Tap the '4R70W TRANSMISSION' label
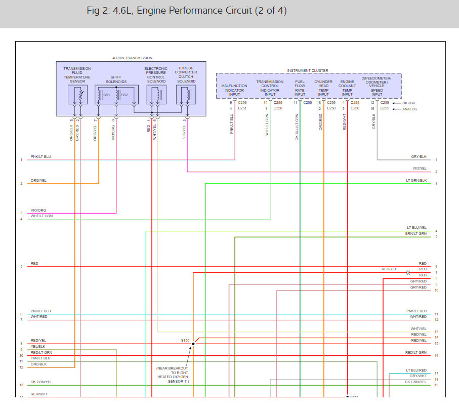[x=132, y=58]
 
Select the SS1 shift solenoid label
[x=107, y=95]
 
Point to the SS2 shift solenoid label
[x=124, y=95]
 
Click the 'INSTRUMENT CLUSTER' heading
[x=308, y=71]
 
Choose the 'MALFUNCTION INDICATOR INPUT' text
[x=234, y=90]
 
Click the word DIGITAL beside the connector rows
[x=410, y=103]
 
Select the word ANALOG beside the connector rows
[x=410, y=109]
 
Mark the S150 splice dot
[x=193, y=344]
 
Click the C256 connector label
[x=242, y=103]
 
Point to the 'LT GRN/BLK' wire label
[x=416, y=181]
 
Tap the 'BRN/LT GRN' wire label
[x=416, y=234]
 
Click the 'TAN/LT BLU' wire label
[x=40, y=358]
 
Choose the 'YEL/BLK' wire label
[x=38, y=347]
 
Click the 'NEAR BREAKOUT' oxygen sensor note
[x=173, y=375]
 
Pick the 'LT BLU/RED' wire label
[x=416, y=371]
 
